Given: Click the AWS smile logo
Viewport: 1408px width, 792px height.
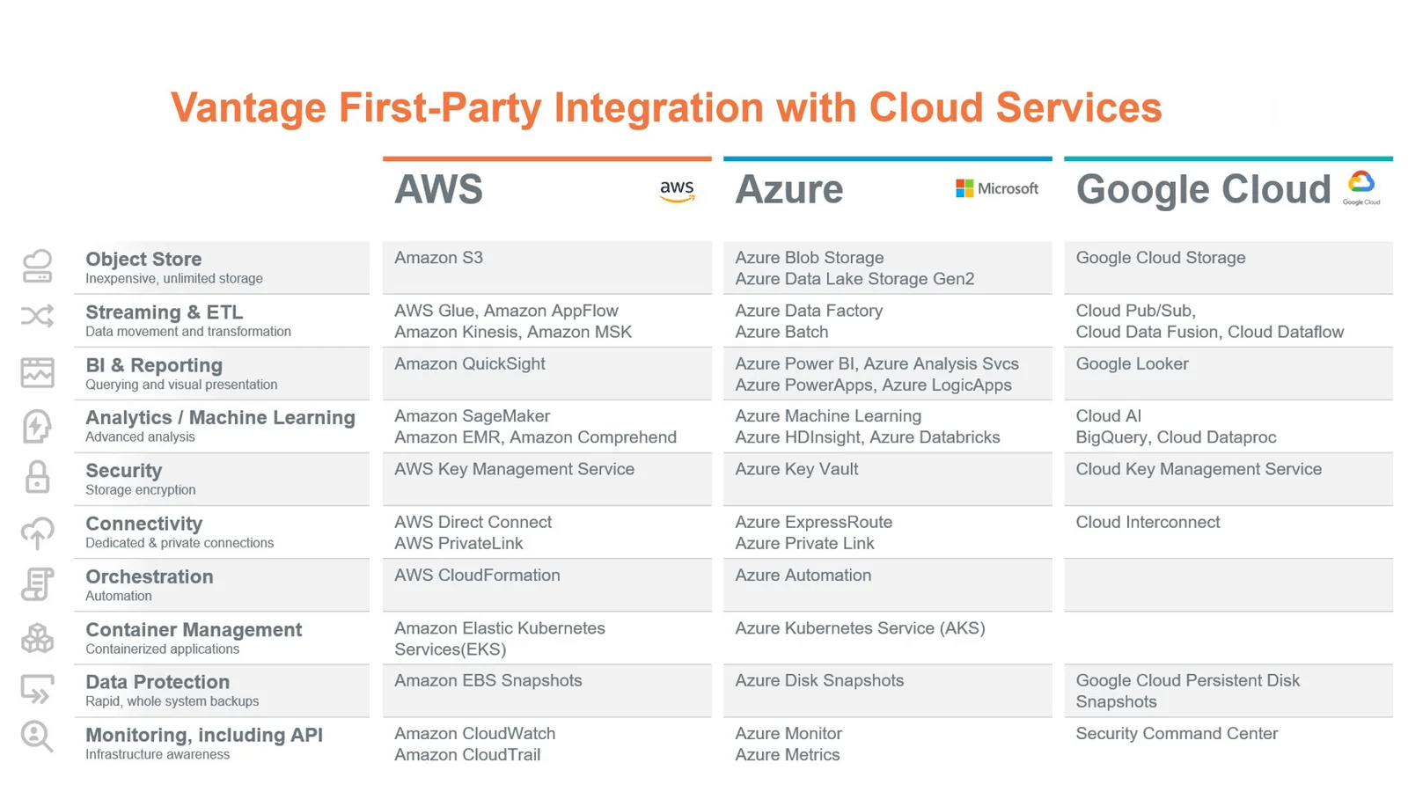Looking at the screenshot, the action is [677, 191].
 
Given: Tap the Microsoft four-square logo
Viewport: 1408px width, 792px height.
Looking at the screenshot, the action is [964, 188].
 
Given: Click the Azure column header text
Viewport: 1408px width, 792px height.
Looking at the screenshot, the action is [788, 189].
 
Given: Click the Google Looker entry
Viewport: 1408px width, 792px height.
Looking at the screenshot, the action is [1132, 364].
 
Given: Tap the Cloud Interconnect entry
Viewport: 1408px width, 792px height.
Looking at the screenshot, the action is [1148, 523].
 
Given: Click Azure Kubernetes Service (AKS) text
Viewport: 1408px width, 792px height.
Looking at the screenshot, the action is [860, 628].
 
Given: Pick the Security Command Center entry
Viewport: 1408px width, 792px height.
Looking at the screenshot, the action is [1177, 734].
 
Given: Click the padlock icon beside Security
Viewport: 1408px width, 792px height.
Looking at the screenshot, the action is [37, 477].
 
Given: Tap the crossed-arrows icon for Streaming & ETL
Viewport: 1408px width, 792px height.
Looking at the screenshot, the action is [37, 316].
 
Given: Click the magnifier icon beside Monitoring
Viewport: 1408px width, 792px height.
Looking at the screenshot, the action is [37, 736].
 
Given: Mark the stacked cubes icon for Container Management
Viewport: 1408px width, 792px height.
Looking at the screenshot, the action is [37, 638].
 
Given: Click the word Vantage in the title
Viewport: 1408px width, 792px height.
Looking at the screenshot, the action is [248, 108].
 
